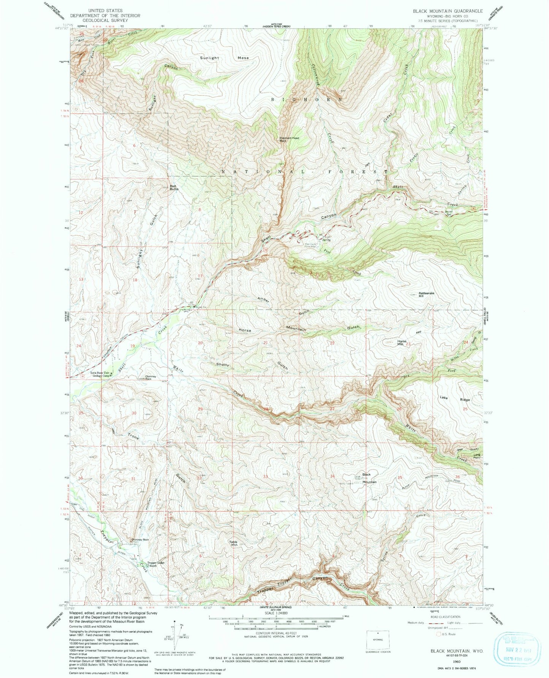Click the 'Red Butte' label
(x=174, y=187)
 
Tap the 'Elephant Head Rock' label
(x=290, y=139)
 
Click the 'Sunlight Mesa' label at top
(x=224, y=58)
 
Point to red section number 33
(x=265, y=476)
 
